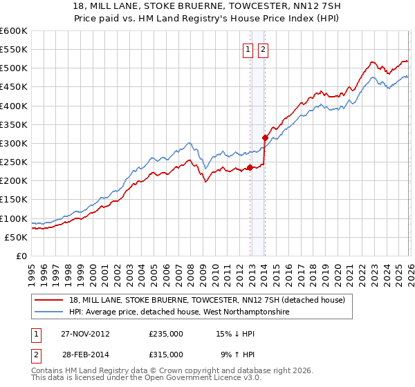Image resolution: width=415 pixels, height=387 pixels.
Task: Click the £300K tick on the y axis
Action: pyautogui.click(x=14, y=143)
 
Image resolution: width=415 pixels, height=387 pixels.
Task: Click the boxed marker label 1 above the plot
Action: pyautogui.click(x=248, y=49)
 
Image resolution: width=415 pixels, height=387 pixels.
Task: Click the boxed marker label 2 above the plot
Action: pyautogui.click(x=264, y=49)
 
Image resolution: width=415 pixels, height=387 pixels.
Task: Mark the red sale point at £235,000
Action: pyautogui.click(x=250, y=167)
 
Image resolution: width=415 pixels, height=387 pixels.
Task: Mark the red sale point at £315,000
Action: pyautogui.click(x=265, y=138)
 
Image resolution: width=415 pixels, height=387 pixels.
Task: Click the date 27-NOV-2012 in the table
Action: pyautogui.click(x=84, y=333)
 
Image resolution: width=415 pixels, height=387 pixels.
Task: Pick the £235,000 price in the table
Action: pyautogui.click(x=166, y=333)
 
